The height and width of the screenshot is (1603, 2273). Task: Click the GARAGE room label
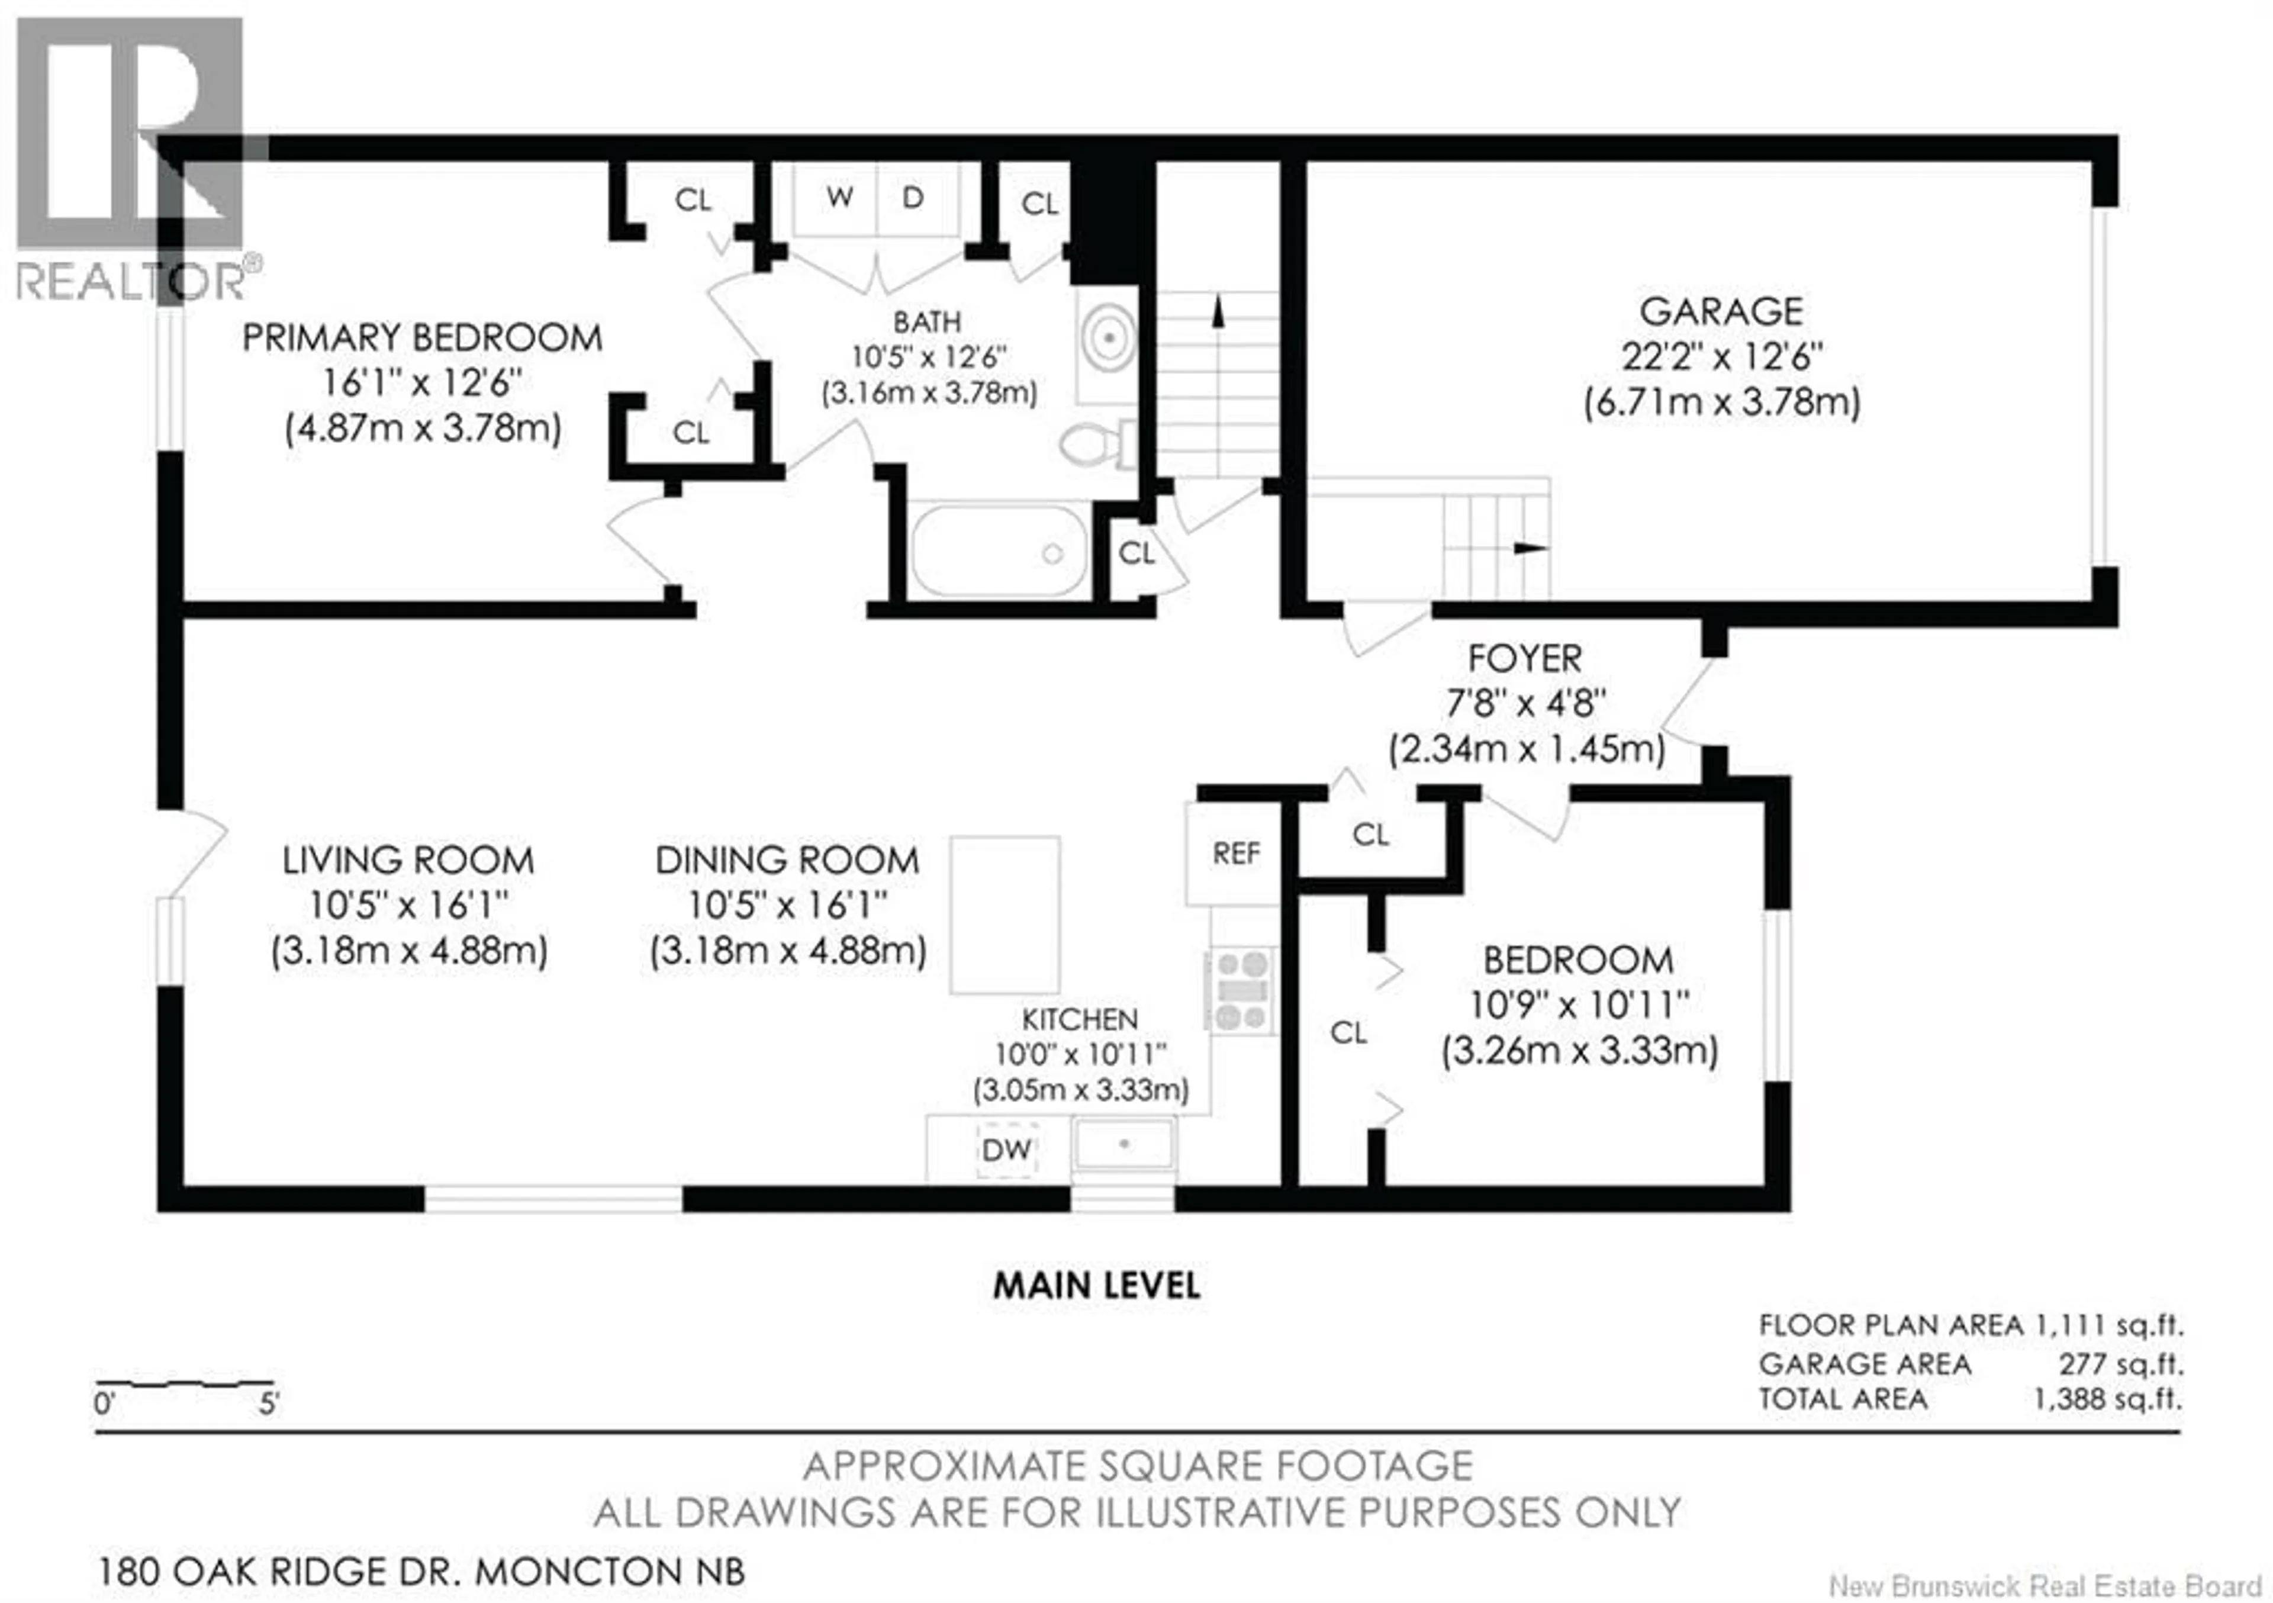coord(1721,312)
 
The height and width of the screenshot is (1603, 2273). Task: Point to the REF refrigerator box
coord(1235,854)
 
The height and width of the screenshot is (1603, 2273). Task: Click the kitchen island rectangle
coord(1005,915)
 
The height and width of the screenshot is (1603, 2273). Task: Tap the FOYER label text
coord(1525,658)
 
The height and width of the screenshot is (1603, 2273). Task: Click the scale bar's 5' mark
coord(269,1403)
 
